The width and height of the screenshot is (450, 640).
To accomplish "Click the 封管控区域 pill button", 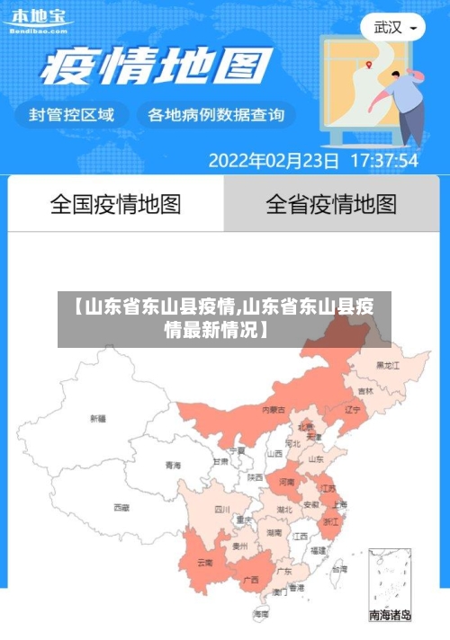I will point(72,115).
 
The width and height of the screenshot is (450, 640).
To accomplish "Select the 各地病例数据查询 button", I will point(216,115).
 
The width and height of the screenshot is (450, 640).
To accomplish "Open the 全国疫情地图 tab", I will point(115,204).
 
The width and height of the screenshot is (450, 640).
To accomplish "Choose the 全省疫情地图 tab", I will point(331,204).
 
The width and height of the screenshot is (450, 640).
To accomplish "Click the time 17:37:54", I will point(383,162).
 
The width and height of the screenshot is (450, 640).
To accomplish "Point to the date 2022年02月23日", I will point(274,162).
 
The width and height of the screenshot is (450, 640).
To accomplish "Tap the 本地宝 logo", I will point(37,20).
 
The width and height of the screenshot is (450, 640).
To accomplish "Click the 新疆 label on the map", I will point(98,418).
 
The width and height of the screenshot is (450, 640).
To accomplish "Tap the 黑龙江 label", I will point(387,366).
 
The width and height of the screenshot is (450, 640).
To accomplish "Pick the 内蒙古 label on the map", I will point(274,409).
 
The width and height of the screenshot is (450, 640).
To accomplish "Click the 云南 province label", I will point(204,563).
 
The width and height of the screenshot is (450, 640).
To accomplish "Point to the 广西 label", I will point(251,580).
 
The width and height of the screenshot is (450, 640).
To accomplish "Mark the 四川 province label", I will point(222,509).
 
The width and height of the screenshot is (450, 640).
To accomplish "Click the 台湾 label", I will point(338,569).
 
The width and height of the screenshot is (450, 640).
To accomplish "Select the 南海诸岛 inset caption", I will point(390,616).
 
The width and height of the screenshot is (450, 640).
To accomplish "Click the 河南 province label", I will point(286,482).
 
